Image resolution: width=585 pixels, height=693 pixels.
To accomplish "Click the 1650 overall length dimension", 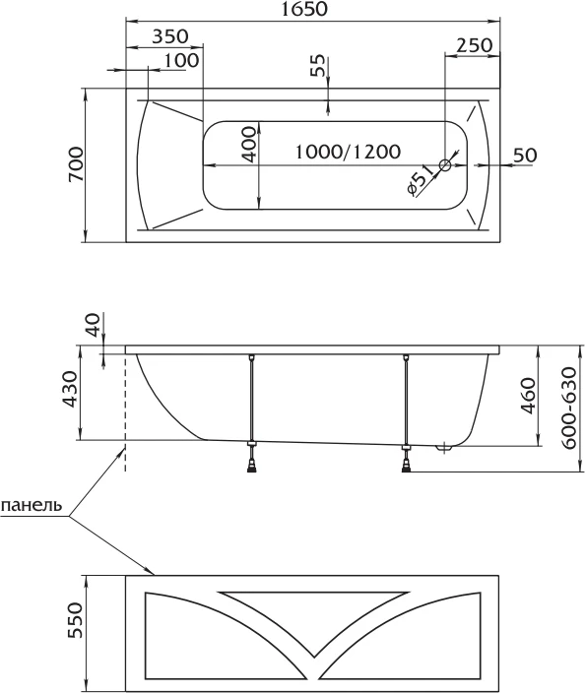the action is coord(304,9).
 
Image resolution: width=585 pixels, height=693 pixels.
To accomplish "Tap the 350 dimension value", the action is coord(169,36).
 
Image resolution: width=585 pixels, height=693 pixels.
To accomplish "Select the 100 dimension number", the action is coord(181,60).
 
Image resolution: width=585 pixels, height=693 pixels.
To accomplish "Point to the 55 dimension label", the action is coord(317,65).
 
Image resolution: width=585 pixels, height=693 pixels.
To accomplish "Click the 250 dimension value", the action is coord(474,45).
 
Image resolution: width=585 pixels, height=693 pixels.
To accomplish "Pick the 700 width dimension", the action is coord(76,164).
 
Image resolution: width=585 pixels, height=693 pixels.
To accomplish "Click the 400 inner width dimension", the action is coord(249,145).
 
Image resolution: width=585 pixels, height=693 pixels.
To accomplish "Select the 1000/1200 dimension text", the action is coord(348,152).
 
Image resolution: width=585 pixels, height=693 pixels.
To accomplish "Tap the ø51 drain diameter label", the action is coord(419,180).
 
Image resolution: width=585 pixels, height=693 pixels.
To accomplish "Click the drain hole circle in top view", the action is coord(445,165).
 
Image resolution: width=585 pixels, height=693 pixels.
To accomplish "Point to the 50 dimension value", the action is coord(525,156).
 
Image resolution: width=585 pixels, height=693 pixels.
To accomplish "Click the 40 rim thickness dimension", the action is coord(94,325).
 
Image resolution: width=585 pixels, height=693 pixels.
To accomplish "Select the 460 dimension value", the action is coord(528,396).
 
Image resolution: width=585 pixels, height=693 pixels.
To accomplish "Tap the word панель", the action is coord(32,505).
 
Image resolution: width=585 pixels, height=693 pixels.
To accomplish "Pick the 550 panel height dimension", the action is coord(75,620).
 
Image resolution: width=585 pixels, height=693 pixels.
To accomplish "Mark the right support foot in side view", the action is coord(406,459).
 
